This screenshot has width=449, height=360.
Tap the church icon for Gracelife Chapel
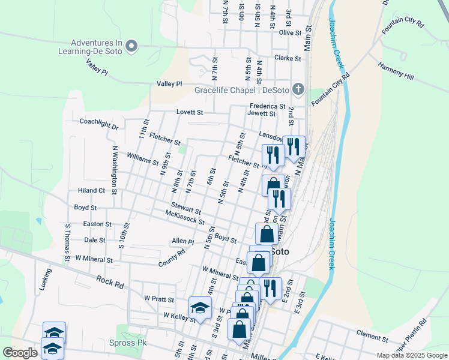coord(298,91)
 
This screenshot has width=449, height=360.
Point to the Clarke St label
coord(287,58)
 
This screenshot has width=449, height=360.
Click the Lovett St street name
coord(190,112)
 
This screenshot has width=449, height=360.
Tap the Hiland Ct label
coord(91,191)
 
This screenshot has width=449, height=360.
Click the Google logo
coord(20,353)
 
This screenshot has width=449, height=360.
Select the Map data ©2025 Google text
coord(411,355)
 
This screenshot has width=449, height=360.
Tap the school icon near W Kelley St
coord(200,308)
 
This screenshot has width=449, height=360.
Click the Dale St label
coord(95,240)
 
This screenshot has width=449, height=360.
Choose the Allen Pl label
coord(182,241)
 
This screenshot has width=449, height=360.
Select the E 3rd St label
coord(300,304)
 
